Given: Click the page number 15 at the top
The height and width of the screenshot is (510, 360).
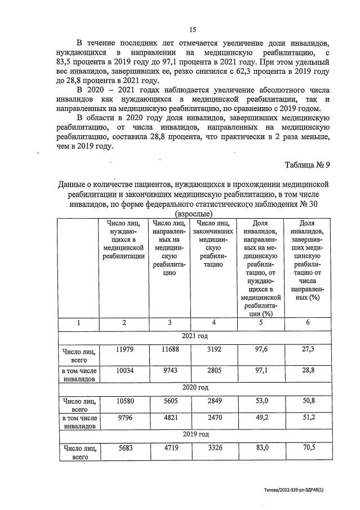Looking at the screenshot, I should [x=193, y=29].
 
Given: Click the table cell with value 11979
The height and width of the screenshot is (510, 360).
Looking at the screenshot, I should [x=123, y=350].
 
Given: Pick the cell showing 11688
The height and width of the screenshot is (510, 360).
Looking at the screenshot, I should [x=169, y=350].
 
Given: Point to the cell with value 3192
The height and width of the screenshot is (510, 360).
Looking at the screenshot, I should [x=214, y=350].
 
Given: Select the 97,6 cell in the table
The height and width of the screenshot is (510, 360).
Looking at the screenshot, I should [x=260, y=350].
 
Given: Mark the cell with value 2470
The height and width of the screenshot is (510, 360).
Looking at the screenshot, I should [x=214, y=418].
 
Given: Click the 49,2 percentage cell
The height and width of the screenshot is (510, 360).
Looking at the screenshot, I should [x=260, y=418].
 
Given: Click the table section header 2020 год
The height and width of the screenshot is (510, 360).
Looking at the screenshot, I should [x=195, y=387].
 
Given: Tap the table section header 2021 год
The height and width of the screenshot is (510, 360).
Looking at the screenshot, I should [x=195, y=336].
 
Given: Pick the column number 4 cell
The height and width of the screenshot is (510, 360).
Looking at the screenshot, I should [x=214, y=323].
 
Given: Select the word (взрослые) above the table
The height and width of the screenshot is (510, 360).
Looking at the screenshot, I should [x=194, y=214].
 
